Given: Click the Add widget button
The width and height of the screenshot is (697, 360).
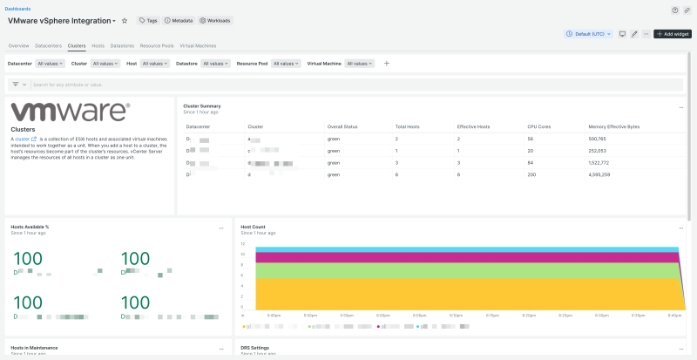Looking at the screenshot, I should click(x=673, y=34).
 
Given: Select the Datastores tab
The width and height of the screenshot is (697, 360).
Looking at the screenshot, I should click(x=122, y=44).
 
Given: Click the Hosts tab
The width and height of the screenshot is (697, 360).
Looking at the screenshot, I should click(x=98, y=44).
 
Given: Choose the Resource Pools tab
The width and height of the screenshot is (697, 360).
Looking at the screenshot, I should click(x=157, y=44).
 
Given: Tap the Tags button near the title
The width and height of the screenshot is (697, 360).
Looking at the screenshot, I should click(x=147, y=20).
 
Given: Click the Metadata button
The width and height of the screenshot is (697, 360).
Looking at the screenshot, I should click(x=179, y=20).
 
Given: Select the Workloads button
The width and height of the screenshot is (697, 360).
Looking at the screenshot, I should click(x=215, y=20).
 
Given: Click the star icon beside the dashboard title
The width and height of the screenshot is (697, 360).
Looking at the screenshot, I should click(x=124, y=20).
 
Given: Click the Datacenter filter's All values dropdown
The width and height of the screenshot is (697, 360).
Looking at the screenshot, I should click(x=51, y=64).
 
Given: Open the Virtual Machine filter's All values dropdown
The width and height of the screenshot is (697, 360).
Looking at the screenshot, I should click(x=360, y=64).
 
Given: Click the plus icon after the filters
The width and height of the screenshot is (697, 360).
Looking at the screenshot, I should click(x=387, y=64).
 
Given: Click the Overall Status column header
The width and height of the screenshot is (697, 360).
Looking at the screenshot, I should click(x=342, y=126).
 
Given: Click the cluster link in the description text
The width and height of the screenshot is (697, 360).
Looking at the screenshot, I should click(x=22, y=139).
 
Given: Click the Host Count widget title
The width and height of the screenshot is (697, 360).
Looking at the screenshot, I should click(x=254, y=228).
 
